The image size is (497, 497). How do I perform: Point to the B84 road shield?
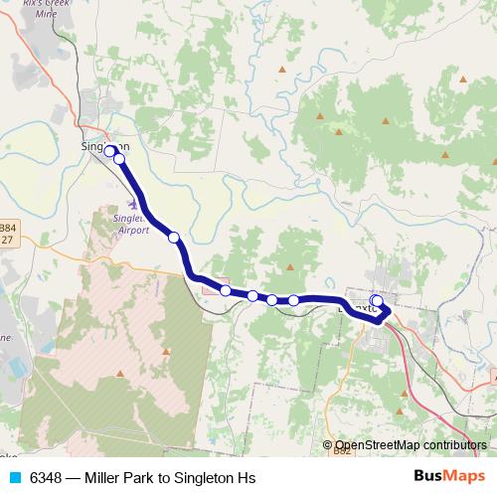(8, 227)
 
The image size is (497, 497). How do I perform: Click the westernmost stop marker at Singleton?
(109, 151)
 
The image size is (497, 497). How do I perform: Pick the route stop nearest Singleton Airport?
(174, 237)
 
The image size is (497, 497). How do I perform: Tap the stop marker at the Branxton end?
(377, 301)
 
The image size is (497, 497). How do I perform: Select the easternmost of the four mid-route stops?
(294, 300)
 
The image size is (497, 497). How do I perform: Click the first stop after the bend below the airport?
(227, 290)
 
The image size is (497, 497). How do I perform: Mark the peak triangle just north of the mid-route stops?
(290, 266)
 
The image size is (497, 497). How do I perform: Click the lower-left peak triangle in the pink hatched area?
(119, 374)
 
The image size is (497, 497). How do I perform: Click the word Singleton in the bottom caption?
(206, 478)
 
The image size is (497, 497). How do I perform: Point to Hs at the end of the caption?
(248, 478)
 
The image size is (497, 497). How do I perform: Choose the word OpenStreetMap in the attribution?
(375, 446)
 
